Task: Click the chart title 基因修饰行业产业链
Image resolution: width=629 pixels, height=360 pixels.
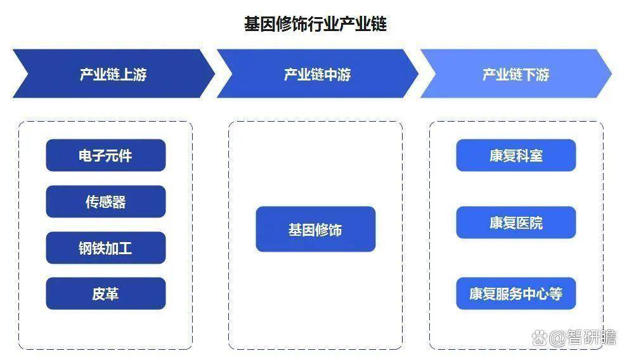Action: (315, 24)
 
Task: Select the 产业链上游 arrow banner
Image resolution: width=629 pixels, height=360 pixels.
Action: (113, 74)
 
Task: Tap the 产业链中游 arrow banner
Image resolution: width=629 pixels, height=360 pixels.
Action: (317, 74)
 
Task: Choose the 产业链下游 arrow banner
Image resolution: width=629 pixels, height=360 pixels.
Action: (516, 74)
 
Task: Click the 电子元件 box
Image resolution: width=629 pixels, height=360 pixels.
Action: (106, 155)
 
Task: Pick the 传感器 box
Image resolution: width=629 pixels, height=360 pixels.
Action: (106, 202)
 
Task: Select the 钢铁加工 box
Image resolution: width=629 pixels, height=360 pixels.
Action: (106, 248)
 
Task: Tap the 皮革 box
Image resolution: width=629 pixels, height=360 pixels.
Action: (106, 293)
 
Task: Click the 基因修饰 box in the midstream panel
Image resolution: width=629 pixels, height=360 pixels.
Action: (316, 229)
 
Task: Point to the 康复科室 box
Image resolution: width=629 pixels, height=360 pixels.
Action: (516, 155)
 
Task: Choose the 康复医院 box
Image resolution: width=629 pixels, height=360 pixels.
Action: (516, 222)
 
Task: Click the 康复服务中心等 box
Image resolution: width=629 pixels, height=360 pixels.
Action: (516, 293)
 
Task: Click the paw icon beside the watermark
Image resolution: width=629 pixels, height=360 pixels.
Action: (540, 338)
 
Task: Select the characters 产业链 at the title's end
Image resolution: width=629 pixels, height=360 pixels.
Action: (363, 24)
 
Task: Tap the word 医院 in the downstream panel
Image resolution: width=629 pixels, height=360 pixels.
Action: (529, 223)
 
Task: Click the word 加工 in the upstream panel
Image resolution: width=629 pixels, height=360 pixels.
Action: (119, 248)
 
